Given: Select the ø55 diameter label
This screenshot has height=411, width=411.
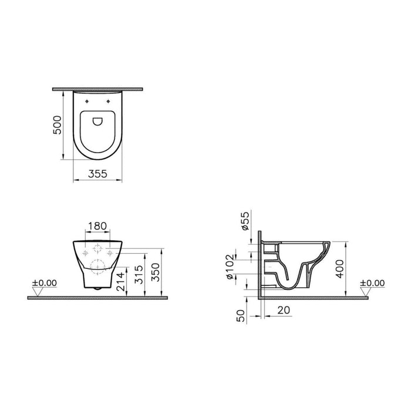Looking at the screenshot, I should pyautogui.click(x=245, y=221).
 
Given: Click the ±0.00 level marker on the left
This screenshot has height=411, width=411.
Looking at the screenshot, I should pyautogui.click(x=45, y=283).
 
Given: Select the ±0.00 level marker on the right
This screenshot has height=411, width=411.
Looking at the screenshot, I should pyautogui.click(x=372, y=283).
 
